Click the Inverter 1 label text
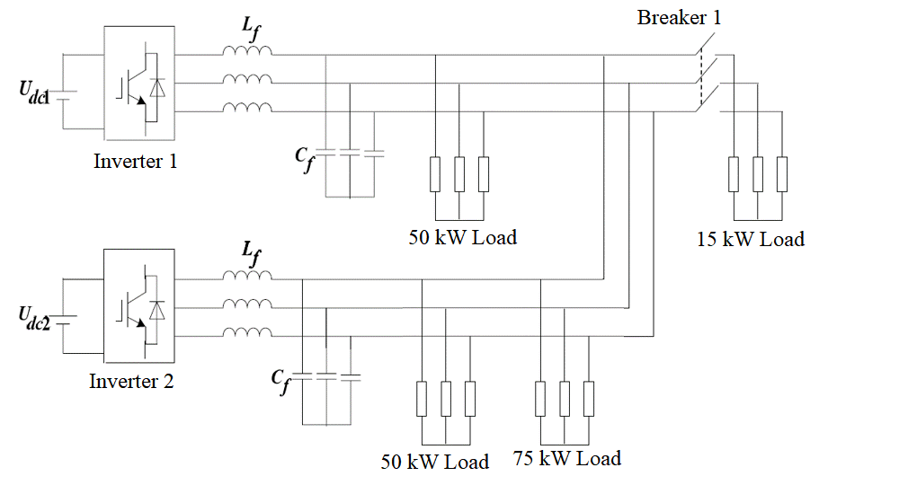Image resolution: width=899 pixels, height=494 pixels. click(x=136, y=162)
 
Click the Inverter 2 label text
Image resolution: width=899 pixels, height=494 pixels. click(x=131, y=381)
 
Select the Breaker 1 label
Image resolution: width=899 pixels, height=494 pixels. click(x=679, y=17)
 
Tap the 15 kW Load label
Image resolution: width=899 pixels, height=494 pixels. click(x=750, y=239)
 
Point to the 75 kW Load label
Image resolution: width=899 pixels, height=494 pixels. click(x=566, y=459)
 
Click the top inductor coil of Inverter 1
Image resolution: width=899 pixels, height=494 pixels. click(x=247, y=53)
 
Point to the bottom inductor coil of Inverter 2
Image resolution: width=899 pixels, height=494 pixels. click(x=247, y=333)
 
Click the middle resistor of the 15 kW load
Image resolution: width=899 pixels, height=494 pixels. click(x=758, y=174)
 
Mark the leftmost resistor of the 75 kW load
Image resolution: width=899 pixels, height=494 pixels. click(x=540, y=398)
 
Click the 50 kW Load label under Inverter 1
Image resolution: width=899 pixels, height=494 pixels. click(x=462, y=238)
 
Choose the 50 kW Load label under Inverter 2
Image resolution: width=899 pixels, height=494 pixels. click(x=435, y=462)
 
